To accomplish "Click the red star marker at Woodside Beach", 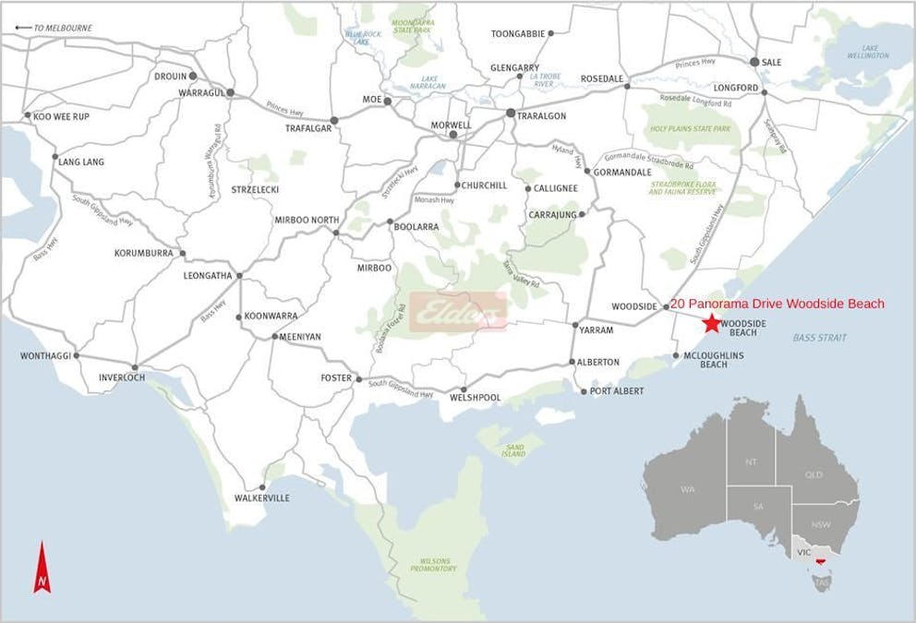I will click(x=711, y=323).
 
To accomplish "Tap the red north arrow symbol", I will click(x=42, y=569).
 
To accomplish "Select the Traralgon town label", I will click(x=542, y=115).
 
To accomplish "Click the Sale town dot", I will click(x=754, y=62).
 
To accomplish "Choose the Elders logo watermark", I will click(x=459, y=312).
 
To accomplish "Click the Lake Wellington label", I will click(x=868, y=52).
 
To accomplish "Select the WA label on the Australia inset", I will click(x=687, y=488).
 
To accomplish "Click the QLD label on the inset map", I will click(x=814, y=475).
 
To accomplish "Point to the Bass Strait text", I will click(x=819, y=338).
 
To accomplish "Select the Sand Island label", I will click(x=513, y=449).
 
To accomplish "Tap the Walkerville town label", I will click(x=262, y=498).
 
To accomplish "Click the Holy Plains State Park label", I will click(x=692, y=131).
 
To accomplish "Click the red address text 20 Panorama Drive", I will click(x=777, y=304).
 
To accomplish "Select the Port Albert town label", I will click(x=617, y=391).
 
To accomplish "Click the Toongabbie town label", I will click(x=517, y=34).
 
